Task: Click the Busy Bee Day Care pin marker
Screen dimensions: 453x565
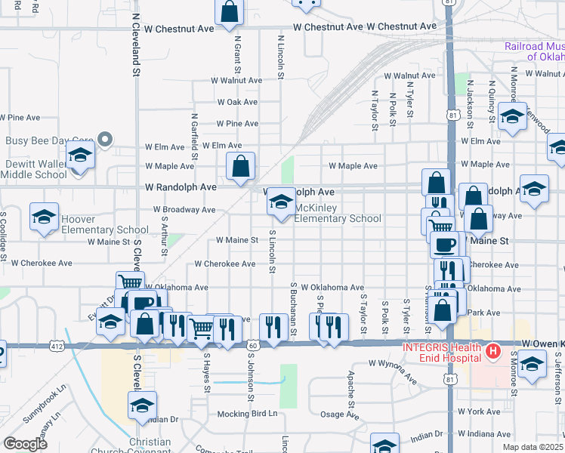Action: click(105, 140)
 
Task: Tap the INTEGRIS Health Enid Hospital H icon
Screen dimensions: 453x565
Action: click(493, 352)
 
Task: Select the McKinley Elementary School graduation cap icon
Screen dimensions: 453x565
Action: click(281, 202)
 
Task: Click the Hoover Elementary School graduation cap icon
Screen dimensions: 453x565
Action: click(44, 216)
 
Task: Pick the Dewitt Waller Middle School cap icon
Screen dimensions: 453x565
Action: click(79, 157)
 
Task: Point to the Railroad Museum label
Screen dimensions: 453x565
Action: click(534, 51)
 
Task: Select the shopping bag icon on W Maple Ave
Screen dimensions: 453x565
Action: click(240, 167)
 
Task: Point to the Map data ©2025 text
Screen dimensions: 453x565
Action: click(533, 447)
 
